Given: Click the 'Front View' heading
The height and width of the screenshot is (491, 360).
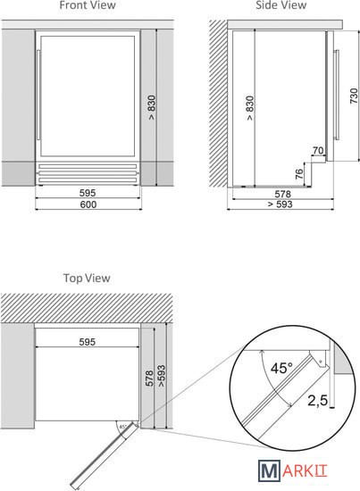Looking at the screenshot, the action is click(88, 5).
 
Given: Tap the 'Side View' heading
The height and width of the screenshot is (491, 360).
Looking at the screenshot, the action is click(281, 5).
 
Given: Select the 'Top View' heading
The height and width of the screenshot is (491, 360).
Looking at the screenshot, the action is click(87, 278).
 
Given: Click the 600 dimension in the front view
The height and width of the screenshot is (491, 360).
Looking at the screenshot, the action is click(88, 204).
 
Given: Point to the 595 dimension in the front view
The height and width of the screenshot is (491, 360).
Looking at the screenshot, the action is click(88, 193).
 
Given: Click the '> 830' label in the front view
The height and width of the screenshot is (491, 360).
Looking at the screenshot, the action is click(152, 107).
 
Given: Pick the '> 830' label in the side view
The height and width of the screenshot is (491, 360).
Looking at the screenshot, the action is click(250, 108).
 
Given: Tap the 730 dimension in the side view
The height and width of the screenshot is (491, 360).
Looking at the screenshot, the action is click(354, 96).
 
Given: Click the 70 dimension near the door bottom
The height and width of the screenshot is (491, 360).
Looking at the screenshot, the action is click(318, 151).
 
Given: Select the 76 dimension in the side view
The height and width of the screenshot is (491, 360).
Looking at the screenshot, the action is click(299, 174).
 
